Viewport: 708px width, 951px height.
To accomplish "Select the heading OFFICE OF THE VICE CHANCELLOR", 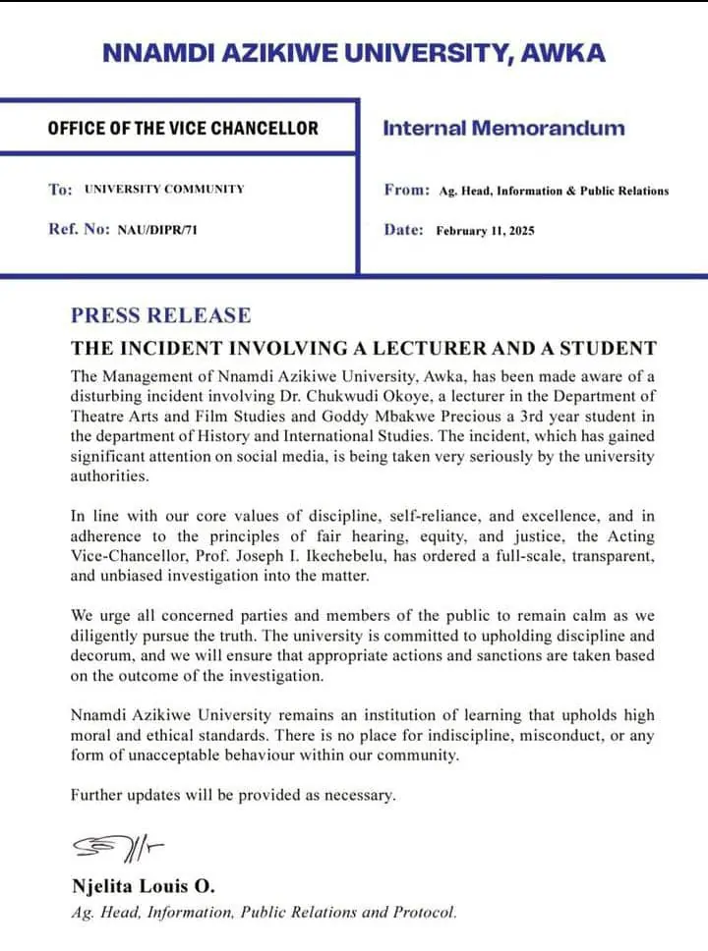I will coord(183,129).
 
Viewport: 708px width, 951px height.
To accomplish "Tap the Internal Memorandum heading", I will coord(502,128).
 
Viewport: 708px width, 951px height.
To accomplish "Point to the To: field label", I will coord(60,189).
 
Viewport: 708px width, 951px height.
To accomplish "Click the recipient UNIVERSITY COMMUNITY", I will coord(164,189).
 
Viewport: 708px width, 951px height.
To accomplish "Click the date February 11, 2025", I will coord(486,231).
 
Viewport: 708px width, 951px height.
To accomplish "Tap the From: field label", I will coord(406,190).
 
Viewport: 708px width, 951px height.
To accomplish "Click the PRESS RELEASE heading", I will coord(160,315).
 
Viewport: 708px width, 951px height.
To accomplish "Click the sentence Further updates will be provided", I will coord(233,795).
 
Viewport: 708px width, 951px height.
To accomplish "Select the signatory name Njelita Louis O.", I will coord(143,887).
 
